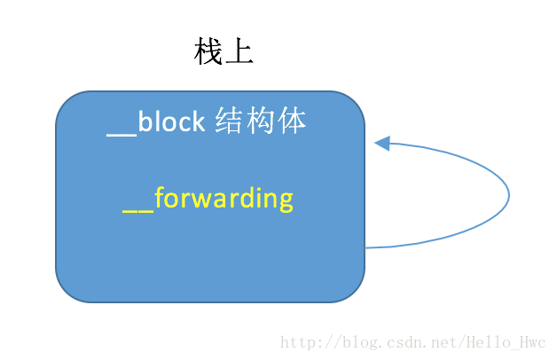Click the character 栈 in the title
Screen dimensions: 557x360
coord(208,51)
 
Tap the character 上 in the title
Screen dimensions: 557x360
coord(239,51)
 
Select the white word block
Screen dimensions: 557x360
coord(171,121)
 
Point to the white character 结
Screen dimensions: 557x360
coord(229,121)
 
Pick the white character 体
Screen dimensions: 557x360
coord(292,121)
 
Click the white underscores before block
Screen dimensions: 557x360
coord(122,135)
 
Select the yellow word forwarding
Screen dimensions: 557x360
coord(224,199)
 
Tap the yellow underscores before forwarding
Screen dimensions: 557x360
coord(137,212)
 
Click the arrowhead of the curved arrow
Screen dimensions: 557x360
coord(382,144)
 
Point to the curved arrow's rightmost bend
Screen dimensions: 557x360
coord(509,195)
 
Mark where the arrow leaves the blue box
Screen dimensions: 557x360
coord(365,247)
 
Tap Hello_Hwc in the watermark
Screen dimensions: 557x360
coord(506,342)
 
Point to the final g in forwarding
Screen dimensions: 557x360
coord(286,202)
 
